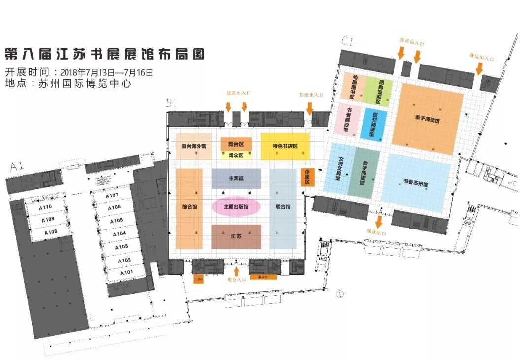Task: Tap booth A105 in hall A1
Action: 117,221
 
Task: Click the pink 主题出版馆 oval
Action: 236,207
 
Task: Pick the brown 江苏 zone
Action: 236,236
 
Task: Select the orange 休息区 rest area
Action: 307,177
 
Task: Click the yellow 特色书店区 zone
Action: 285,146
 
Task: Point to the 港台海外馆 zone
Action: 194,146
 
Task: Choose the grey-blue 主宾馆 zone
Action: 236,178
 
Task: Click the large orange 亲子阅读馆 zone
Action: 428,118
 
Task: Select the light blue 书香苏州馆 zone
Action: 419,182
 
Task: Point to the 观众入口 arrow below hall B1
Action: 236,271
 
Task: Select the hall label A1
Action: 17,167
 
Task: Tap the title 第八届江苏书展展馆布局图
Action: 104,54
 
